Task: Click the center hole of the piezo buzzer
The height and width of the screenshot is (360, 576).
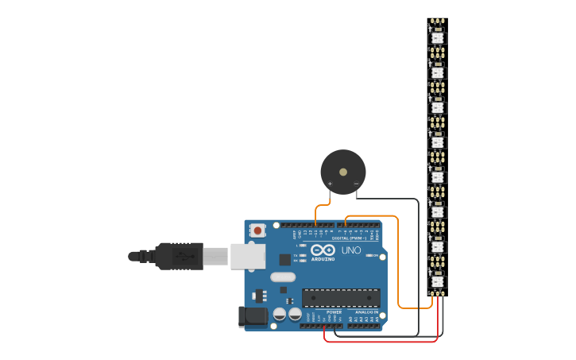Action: click(x=343, y=172)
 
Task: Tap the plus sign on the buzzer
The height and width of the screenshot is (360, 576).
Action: click(x=330, y=184)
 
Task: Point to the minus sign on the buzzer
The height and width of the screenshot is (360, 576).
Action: click(x=356, y=184)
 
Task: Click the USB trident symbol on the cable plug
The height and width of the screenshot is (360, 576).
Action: click(x=185, y=256)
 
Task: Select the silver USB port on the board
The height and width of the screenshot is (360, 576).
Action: click(x=248, y=255)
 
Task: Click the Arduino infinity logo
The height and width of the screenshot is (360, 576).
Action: click(x=323, y=250)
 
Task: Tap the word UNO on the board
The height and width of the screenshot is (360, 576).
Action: click(x=350, y=250)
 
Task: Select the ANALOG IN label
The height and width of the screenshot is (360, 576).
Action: click(x=366, y=312)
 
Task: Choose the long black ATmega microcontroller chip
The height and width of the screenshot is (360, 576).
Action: click(x=341, y=298)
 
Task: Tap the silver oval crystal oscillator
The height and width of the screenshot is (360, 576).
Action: click(x=282, y=277)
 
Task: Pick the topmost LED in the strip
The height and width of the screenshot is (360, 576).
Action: click(x=437, y=37)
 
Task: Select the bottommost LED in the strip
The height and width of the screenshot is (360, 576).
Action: click(x=437, y=281)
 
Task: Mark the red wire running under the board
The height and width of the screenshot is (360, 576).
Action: click(x=381, y=342)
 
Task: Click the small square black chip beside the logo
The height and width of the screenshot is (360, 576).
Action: click(x=284, y=259)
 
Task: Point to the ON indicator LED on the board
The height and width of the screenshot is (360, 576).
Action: click(x=369, y=255)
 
